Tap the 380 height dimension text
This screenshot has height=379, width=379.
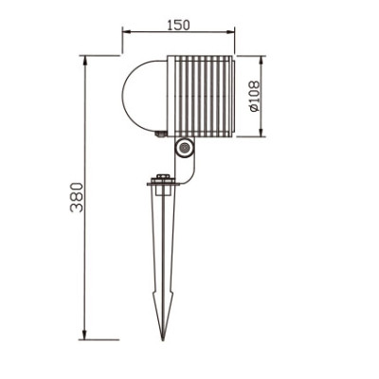point(76,197)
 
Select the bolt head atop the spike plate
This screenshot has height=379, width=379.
point(163,175)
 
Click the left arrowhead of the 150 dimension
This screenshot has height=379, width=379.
point(126,33)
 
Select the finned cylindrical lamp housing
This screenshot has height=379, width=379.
point(199,96)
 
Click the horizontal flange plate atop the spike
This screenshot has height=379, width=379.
point(163,185)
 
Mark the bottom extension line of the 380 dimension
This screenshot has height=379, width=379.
point(102,338)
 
